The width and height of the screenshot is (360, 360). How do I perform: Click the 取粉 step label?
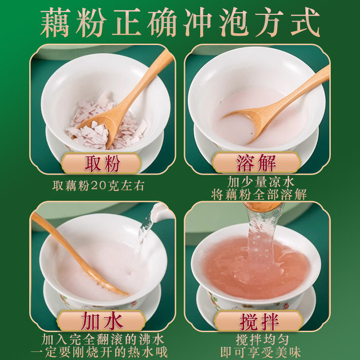[102, 163]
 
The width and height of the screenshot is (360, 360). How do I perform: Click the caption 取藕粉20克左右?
[99, 186]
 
